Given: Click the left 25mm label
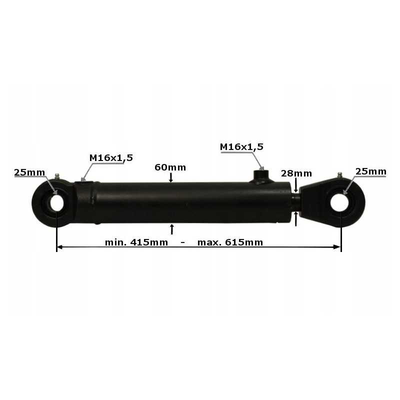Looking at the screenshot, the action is (29, 172).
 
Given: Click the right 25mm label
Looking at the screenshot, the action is (370, 171).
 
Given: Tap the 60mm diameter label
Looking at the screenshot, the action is (170, 167).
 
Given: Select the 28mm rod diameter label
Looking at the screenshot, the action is (296, 173).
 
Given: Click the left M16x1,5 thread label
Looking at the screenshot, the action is (111, 158).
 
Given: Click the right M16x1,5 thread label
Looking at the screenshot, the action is (241, 147).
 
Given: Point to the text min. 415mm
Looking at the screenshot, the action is (136, 242).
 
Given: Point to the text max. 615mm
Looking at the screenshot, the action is (230, 242).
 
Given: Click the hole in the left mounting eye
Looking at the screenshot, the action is (56, 203).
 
